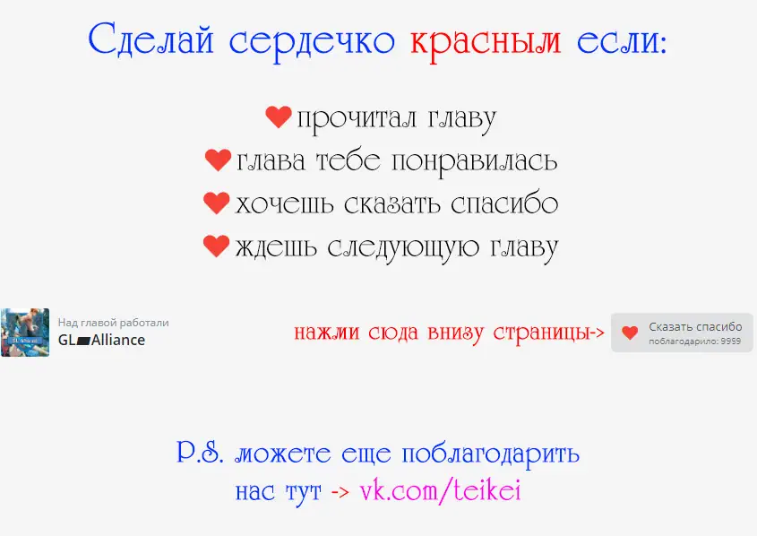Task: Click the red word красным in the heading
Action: [486, 42]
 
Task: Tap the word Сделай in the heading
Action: [151, 39]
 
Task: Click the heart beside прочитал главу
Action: [279, 117]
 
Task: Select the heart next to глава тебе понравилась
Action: [219, 160]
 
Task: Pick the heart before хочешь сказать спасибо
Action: [216, 203]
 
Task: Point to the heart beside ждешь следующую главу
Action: [216, 246]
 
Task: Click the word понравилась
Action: [474, 162]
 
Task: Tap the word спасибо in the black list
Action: [504, 204]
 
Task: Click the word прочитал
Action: [357, 119]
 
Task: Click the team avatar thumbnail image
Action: [25, 333]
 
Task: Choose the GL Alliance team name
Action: [101, 340]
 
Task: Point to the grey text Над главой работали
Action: [114, 323]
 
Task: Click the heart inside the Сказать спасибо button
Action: [630, 333]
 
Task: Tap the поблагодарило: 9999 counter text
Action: [694, 341]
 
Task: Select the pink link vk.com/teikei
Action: [440, 491]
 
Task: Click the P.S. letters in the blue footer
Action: [201, 452]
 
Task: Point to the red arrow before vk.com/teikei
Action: [340, 493]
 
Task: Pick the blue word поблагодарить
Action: [491, 454]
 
